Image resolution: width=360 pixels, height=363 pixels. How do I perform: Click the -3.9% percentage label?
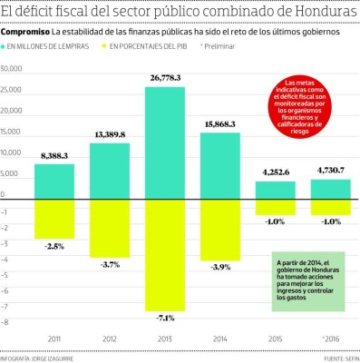pos(220,267)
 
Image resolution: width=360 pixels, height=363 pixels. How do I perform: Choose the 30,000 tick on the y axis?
pos(15,69)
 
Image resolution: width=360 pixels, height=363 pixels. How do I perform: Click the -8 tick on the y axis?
pos(5,321)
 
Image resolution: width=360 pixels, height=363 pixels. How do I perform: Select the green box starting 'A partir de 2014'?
pos(308,282)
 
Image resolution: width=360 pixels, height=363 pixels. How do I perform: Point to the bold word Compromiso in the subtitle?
pos(24,31)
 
